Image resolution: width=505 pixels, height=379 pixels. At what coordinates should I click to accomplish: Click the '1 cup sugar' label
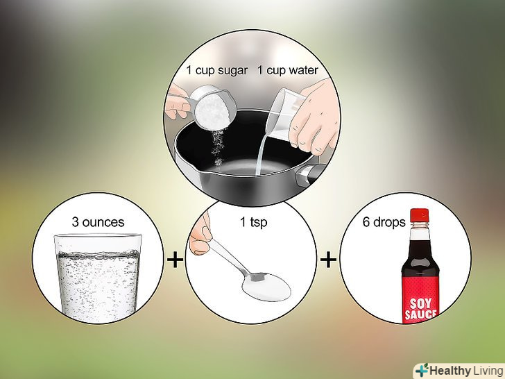[217, 71]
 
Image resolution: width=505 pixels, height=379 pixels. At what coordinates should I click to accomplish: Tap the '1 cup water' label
[288, 71]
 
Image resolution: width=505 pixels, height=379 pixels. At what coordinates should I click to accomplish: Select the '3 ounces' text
[98, 222]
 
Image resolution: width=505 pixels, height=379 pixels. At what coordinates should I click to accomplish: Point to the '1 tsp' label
[253, 222]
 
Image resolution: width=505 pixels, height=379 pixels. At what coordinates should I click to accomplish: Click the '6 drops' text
[384, 222]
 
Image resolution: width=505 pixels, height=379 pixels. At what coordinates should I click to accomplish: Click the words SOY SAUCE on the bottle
[420, 309]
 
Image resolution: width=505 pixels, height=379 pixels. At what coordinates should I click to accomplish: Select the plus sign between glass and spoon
[176, 259]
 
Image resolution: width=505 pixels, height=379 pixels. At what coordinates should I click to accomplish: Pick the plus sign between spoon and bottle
[328, 260]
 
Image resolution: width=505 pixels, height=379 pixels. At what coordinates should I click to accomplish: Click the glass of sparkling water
[98, 278]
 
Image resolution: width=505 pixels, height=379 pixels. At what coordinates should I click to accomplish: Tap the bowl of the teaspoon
[266, 287]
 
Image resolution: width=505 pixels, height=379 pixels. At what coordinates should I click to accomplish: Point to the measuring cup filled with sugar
[212, 108]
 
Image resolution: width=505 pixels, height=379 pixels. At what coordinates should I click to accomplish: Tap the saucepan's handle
[311, 175]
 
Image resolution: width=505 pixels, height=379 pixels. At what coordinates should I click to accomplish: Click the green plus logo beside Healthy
[422, 371]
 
